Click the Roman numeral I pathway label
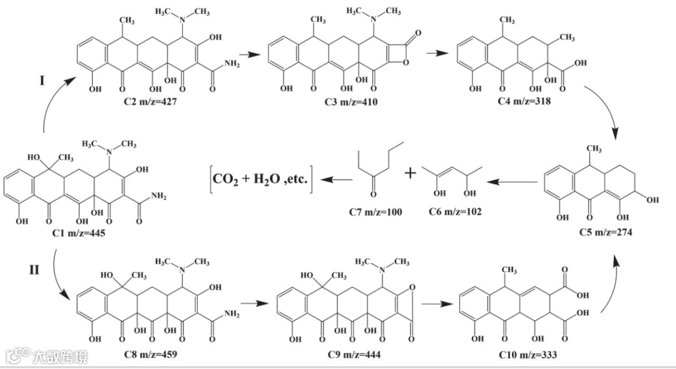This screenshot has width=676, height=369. coord(42,80)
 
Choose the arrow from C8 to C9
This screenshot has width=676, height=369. coord(251,303)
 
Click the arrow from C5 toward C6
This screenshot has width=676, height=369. coord(514,182)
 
